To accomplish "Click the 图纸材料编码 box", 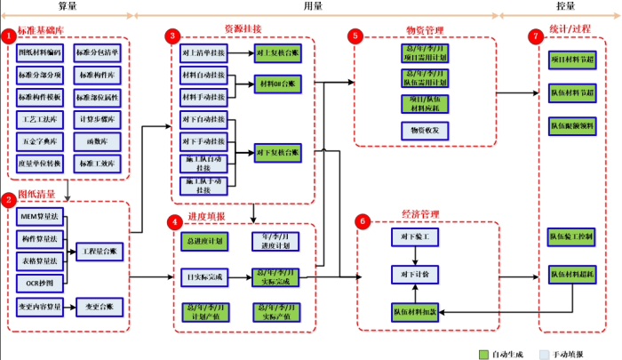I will (x=38, y=52).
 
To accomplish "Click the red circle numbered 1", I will (x=8, y=36).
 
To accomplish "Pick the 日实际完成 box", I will (x=203, y=277).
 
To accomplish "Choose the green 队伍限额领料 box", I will (x=572, y=125).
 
